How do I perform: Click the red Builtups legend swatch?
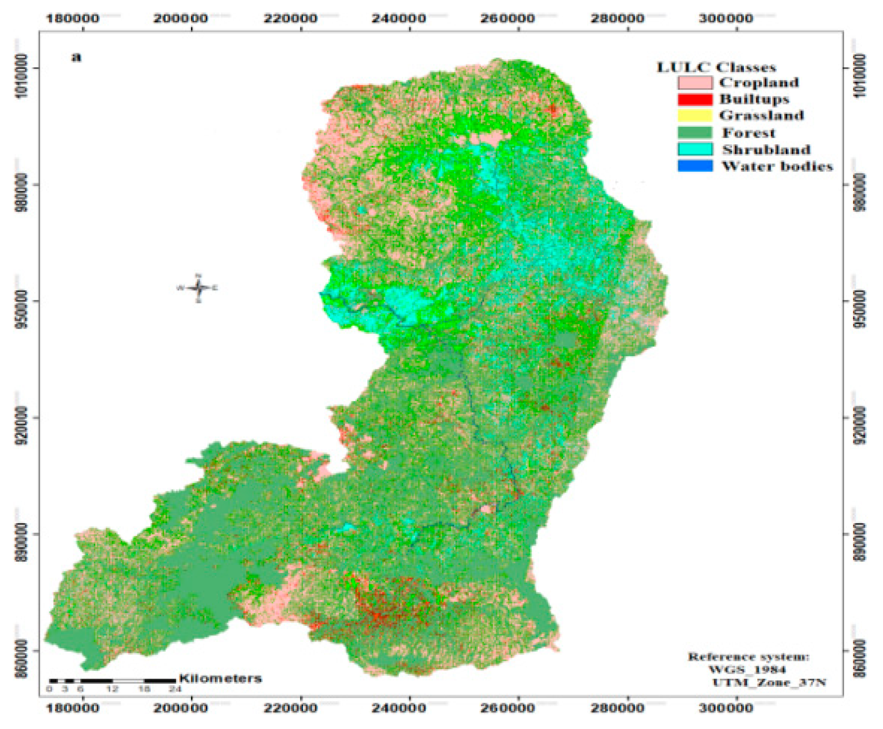point(695,99)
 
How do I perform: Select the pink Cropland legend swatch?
point(695,82)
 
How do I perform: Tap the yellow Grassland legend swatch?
point(695,116)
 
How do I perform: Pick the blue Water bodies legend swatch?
point(695,166)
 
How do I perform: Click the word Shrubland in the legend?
point(766,150)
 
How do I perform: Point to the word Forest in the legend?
point(748,133)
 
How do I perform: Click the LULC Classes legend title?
point(716,67)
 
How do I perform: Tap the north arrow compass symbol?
point(199,288)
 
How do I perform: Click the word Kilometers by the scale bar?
point(220,678)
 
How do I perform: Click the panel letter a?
point(76,57)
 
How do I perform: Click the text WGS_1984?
point(747,681)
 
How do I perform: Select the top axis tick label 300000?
point(726,18)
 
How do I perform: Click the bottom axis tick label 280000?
point(617,708)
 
